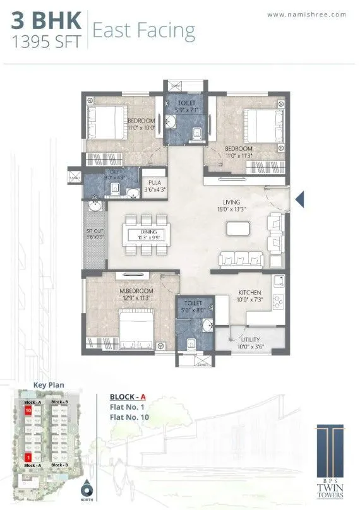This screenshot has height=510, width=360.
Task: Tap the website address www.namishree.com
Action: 308,14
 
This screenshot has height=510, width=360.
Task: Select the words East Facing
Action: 143,30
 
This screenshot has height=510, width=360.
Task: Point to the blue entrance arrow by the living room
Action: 301,200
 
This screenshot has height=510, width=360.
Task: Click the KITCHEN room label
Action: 249,292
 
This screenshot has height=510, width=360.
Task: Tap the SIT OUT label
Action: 94,232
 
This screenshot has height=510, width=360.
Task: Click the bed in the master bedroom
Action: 133,328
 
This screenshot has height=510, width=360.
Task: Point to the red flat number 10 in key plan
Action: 28,410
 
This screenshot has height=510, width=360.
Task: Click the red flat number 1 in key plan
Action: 28,456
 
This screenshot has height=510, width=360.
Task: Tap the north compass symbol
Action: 85,489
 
